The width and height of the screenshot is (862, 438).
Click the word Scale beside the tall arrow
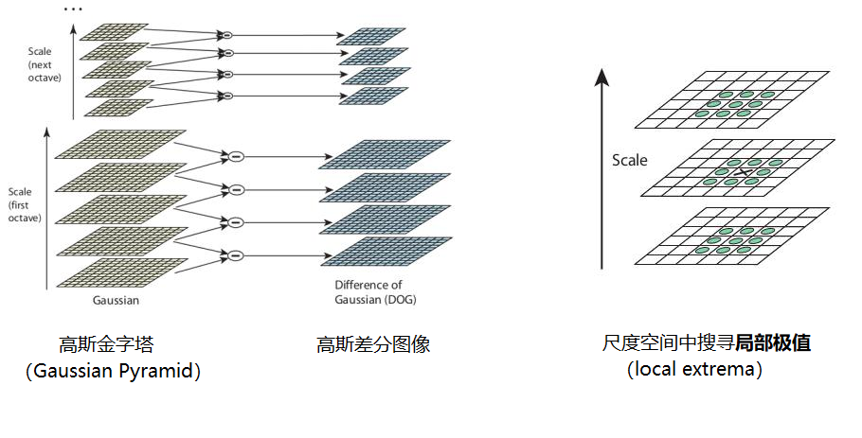pyautogui.click(x=629, y=160)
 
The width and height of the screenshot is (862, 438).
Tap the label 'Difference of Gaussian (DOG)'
pyautogui.click(x=375, y=292)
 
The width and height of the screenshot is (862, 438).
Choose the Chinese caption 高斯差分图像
pyautogui.click(x=373, y=344)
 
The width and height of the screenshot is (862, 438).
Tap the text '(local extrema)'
pyautogui.click(x=694, y=369)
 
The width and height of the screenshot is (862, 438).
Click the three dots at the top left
pyautogui.click(x=72, y=9)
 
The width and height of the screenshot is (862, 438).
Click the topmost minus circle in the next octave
pyautogui.click(x=226, y=35)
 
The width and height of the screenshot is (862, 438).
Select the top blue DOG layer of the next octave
pyautogui.click(x=371, y=36)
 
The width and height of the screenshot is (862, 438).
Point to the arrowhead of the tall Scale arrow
pyautogui.click(x=600, y=76)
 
